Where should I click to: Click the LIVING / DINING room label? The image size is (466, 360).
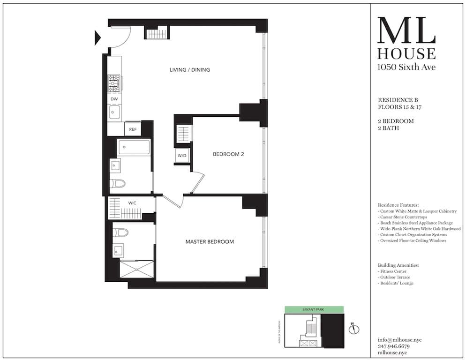189,70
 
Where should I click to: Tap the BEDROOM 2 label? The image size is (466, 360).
228,154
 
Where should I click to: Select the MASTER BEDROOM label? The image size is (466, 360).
210,242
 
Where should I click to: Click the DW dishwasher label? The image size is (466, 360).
114,99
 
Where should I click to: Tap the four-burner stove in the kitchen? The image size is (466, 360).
114,83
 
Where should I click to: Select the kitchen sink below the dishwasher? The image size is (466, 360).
114,112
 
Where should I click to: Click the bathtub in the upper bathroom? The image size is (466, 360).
134,147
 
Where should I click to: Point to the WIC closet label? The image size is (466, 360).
132,203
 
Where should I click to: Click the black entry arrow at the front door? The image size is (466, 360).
98,37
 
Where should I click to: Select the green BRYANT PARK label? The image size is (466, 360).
314,309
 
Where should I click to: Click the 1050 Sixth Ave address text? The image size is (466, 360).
406,67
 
